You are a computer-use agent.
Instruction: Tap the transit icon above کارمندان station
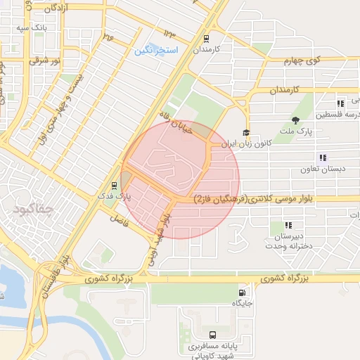coord(207,39)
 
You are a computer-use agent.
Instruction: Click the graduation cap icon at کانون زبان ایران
coord(246,132)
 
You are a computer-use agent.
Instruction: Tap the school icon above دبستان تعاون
coord(323,157)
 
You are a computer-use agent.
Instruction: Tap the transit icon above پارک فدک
coord(115,186)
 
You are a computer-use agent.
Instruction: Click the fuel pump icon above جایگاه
coord(243,292)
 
